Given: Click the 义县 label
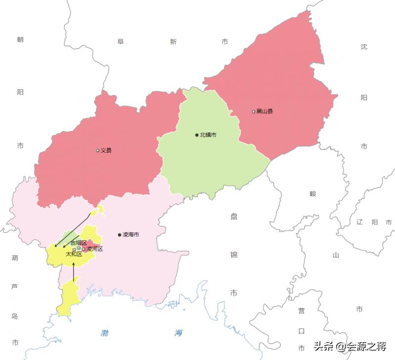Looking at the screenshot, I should tap(106, 150).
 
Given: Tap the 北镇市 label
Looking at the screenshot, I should tap(208, 135).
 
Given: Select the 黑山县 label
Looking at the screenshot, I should tap(265, 111).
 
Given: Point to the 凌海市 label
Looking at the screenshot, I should tap(131, 235).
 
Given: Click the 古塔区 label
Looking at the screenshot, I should tap(79, 243).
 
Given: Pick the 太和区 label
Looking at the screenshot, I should tap(74, 254).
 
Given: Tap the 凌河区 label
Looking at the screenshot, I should tap(95, 249).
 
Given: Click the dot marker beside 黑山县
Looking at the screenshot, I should tap(254, 111).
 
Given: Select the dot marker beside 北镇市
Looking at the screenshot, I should tap(197, 135).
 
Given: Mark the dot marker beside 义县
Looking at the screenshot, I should tap(98, 150).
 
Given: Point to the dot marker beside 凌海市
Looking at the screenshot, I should tap(119, 235).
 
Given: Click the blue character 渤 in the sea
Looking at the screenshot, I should tap(104, 333).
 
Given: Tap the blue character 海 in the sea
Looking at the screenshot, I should tap(178, 333).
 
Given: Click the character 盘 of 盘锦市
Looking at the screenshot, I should tap(234, 216).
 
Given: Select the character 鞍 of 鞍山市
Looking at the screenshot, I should tap(313, 194).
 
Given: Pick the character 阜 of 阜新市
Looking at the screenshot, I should tap(120, 42).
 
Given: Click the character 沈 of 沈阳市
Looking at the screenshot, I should tap(364, 47).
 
